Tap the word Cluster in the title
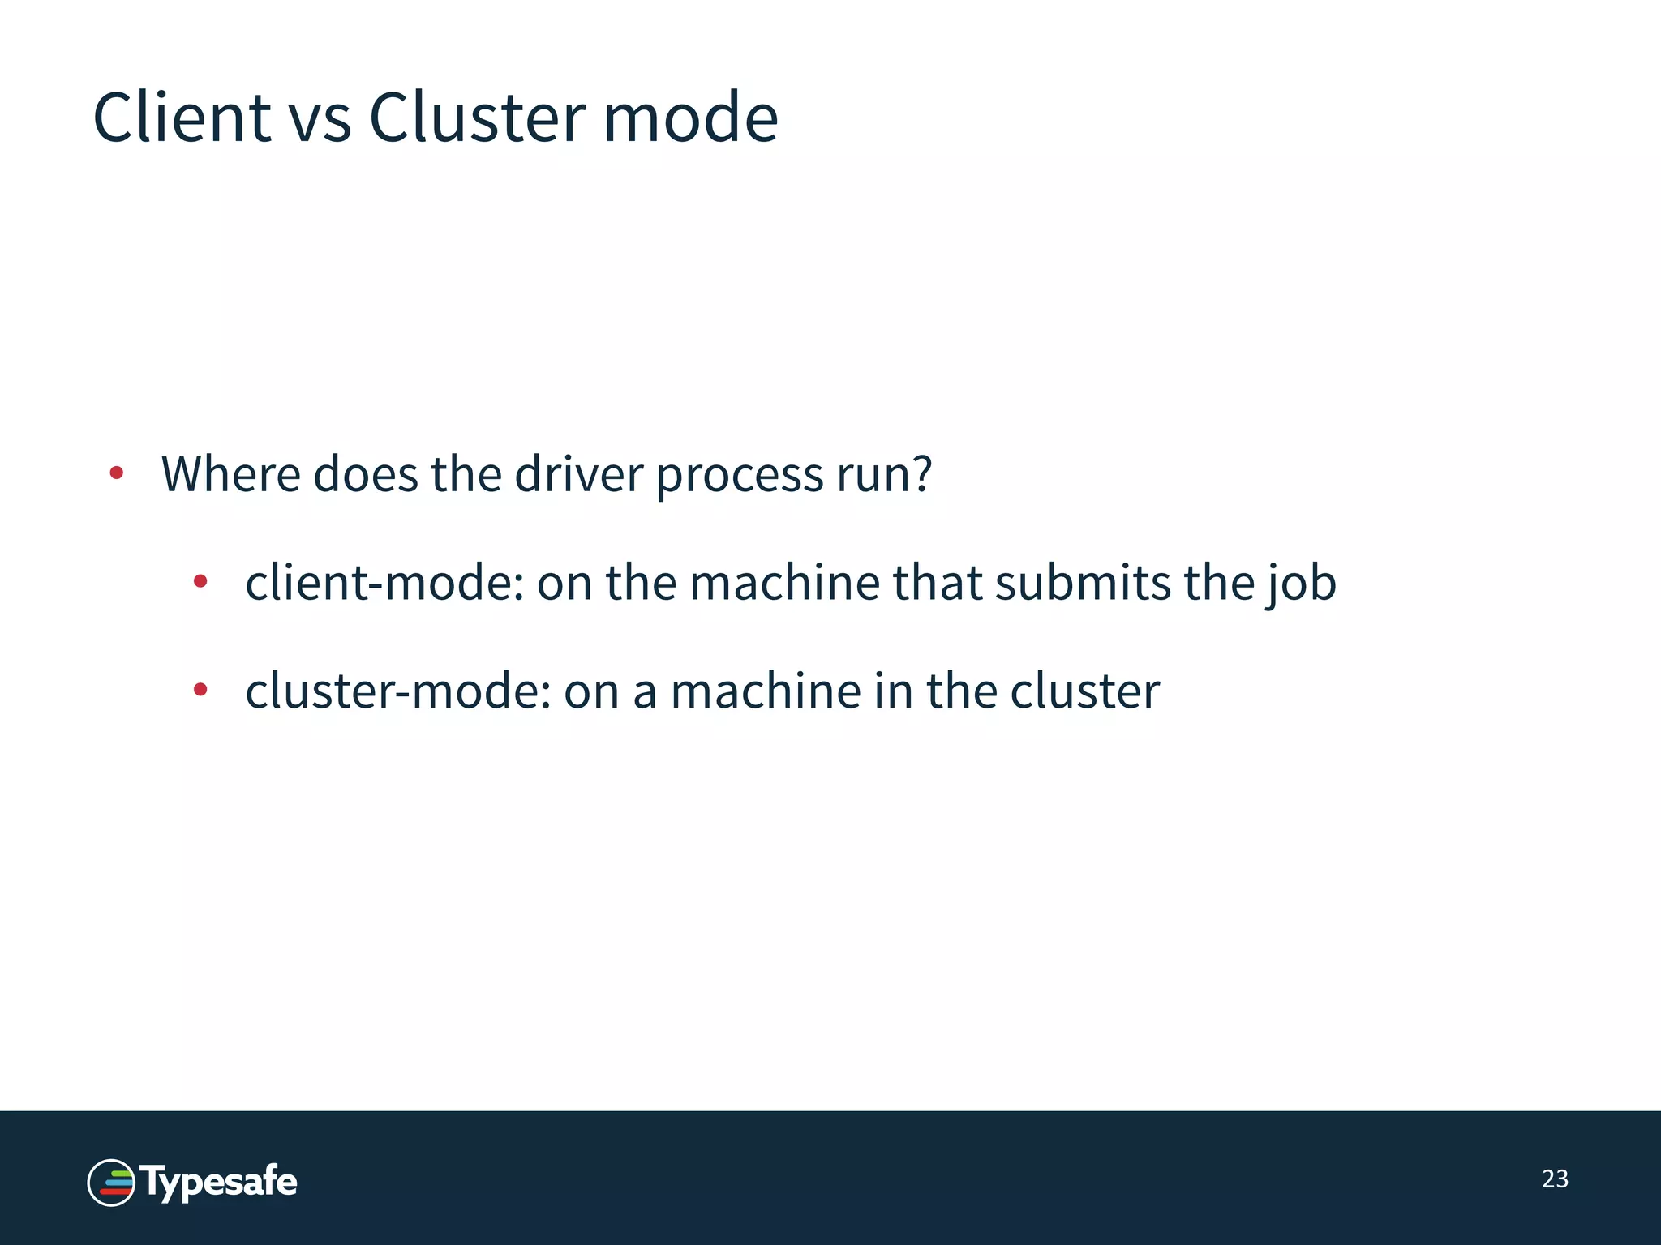coord(477,118)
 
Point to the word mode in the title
coord(690,118)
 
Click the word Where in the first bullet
coord(231,474)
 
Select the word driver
coord(578,474)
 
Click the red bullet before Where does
coord(117,473)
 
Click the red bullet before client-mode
coord(200,580)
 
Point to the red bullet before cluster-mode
coord(200,689)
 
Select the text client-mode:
coord(384,583)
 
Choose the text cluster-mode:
coord(398,691)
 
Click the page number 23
coord(1555,1179)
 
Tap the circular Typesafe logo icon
coord(111,1183)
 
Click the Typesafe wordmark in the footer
coord(220,1183)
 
